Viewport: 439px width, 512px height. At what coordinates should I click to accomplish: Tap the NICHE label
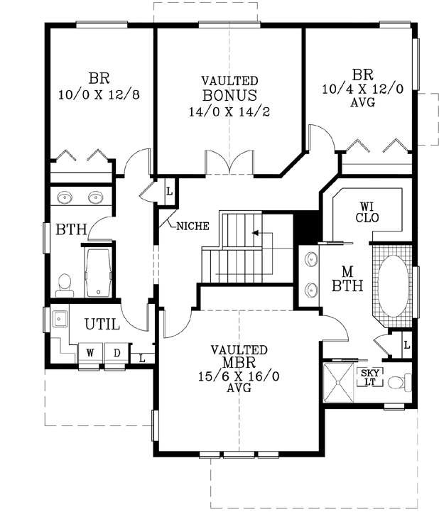click(x=192, y=227)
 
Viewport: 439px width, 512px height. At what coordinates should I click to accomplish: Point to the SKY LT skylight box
click(x=369, y=377)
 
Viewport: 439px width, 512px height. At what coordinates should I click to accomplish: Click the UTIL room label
click(x=102, y=325)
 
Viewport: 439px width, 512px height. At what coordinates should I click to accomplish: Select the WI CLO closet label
click(x=367, y=211)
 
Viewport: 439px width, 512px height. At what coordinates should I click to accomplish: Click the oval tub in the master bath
click(x=391, y=288)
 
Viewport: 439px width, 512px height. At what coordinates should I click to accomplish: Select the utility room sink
click(x=58, y=317)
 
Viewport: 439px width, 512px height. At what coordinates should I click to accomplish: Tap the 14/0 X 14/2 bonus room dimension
click(x=229, y=111)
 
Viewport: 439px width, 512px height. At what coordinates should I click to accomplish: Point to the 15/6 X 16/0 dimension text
click(x=239, y=376)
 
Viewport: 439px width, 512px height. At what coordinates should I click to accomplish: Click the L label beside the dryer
click(x=142, y=358)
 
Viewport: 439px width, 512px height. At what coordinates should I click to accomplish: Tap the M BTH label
click(x=348, y=280)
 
